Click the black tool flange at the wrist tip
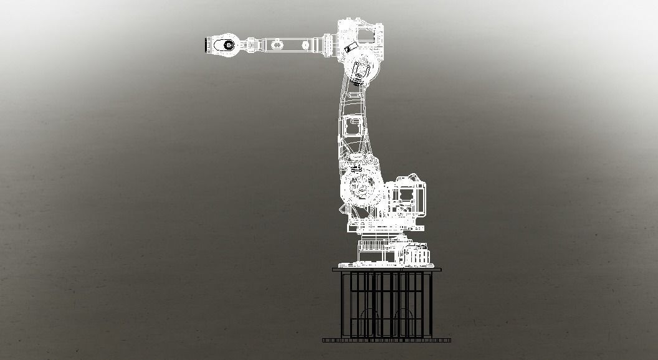[x=205, y=45]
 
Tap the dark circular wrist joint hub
[x=228, y=45]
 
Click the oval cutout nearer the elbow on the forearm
[x=306, y=45]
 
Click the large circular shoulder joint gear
[x=362, y=187]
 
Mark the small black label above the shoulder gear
[x=356, y=168]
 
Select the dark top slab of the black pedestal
[x=386, y=270]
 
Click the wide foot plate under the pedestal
[x=386, y=341]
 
